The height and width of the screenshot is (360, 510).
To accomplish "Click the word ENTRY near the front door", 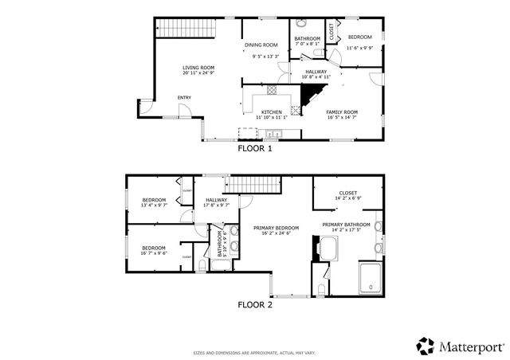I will [184, 98].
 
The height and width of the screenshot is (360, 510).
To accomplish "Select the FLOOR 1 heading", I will [255, 148].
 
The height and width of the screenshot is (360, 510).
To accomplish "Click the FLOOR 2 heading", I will [255, 304].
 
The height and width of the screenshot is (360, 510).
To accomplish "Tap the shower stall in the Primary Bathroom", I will [371, 277].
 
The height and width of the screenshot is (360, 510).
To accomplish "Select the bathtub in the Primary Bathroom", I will [327, 251].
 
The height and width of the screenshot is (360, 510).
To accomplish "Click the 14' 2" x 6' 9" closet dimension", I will [347, 198].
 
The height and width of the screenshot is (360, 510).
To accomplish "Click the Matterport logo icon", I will [426, 346].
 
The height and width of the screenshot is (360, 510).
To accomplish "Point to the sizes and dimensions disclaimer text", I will [255, 352].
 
